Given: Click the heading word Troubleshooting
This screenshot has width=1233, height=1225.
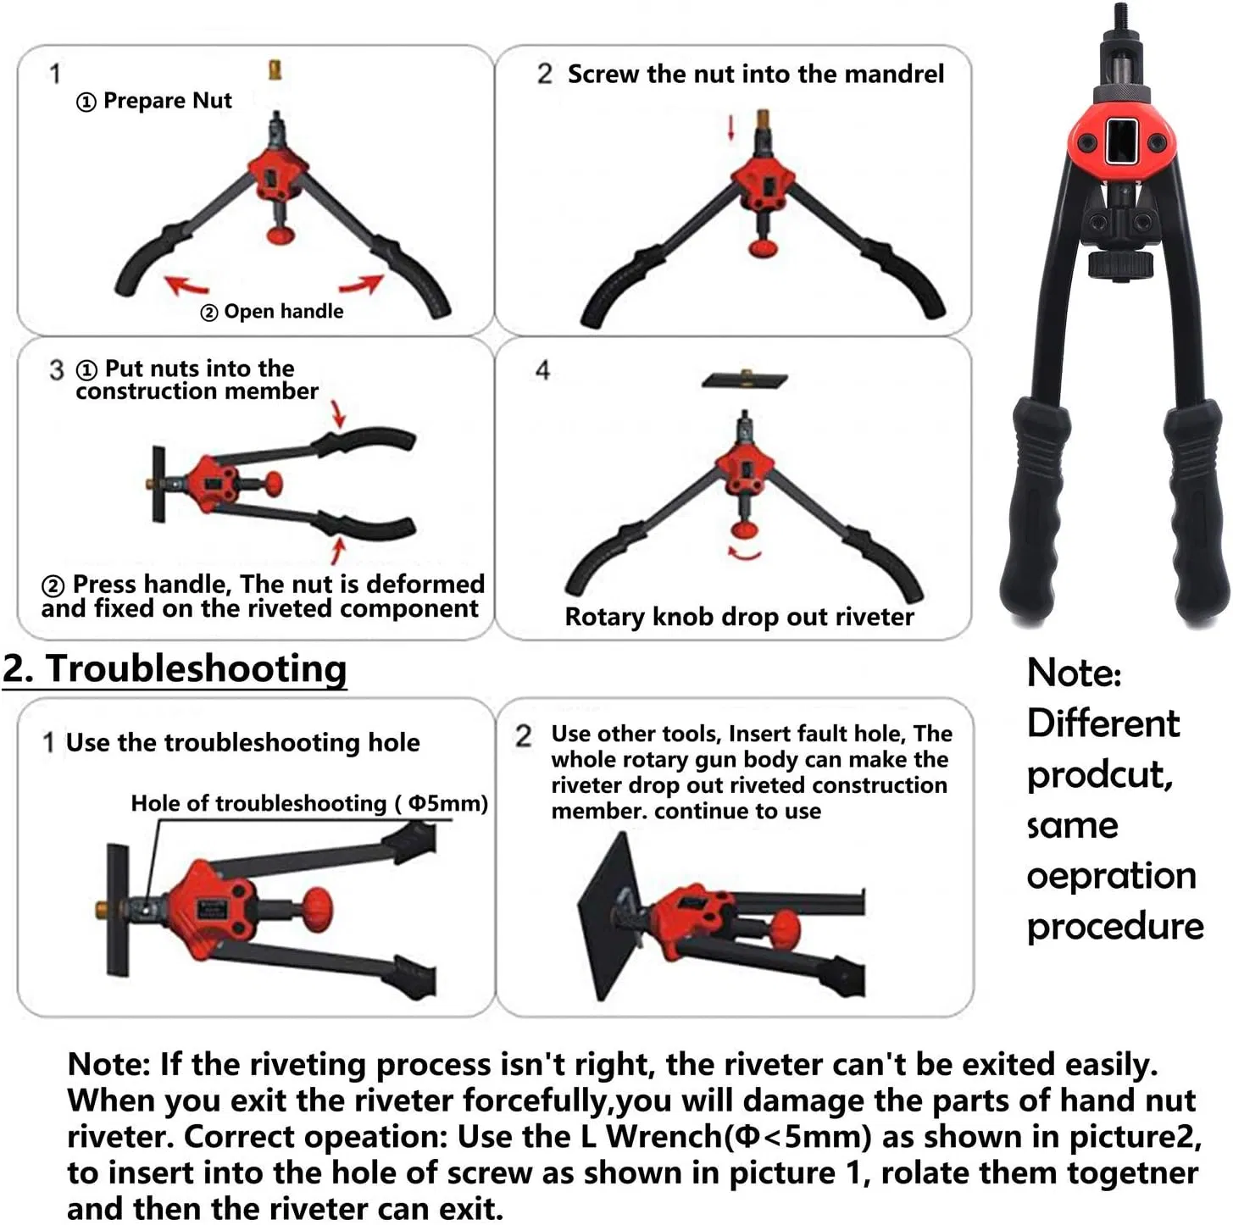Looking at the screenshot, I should click(x=196, y=668).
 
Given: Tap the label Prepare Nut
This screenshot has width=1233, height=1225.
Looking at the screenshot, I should click(x=167, y=101).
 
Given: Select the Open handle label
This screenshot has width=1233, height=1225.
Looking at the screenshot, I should click(x=283, y=312).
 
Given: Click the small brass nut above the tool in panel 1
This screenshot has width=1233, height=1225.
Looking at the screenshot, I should click(x=275, y=69).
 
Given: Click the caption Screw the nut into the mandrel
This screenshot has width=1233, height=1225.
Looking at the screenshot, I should click(x=755, y=75).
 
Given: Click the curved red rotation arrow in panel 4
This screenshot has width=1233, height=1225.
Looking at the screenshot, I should click(x=744, y=554).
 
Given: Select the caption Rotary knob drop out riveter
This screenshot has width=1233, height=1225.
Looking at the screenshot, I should click(x=739, y=617).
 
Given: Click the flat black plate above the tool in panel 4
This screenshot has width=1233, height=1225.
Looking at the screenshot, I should click(x=744, y=380).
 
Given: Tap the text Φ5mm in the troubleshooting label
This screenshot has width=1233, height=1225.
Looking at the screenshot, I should click(x=447, y=803).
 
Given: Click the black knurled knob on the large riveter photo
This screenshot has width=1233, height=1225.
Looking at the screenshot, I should click(x=1122, y=264).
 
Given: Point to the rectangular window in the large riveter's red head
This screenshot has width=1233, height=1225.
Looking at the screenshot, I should click(x=1121, y=141).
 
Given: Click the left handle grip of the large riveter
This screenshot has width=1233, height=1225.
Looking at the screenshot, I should click(x=1032, y=508).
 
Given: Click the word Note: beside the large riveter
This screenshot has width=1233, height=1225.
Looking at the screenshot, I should click(x=1074, y=673).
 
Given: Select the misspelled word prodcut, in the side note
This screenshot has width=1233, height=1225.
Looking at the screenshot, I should click(x=1100, y=775).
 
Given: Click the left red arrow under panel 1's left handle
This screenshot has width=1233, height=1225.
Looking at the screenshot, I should click(x=186, y=285).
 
